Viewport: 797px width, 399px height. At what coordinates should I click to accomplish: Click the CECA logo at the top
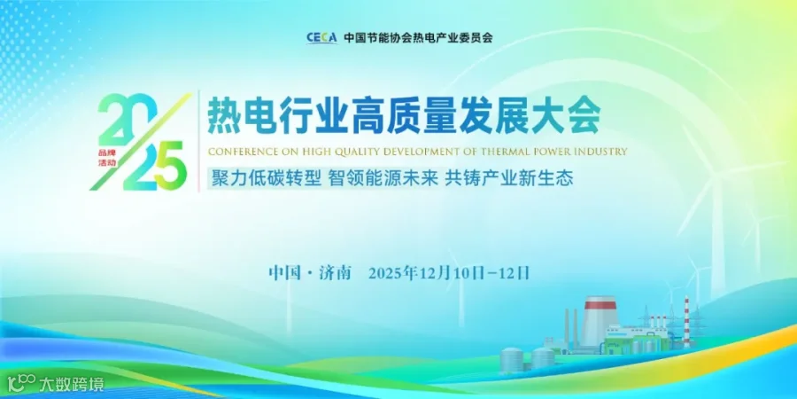pyautogui.click(x=321, y=38)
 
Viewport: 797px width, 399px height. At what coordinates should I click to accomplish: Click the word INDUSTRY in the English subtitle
pyautogui.click(x=600, y=151)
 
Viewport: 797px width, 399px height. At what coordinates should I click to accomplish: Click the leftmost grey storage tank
pyautogui.click(x=512, y=359)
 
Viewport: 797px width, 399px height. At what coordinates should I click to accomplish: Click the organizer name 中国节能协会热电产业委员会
pyautogui.click(x=417, y=38)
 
